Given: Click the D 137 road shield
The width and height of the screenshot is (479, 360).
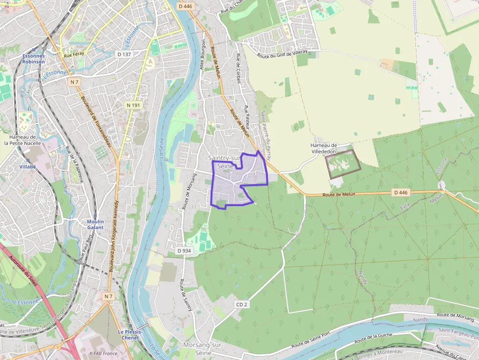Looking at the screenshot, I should [124, 54].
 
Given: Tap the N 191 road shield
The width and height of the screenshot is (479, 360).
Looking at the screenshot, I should [133, 105].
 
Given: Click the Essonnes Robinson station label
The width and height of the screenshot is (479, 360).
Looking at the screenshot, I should [34, 59].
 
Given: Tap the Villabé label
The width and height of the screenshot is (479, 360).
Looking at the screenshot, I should [27, 167].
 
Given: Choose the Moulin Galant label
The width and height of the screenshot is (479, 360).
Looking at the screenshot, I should [95, 225].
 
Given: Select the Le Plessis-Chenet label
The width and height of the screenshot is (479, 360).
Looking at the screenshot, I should [130, 335].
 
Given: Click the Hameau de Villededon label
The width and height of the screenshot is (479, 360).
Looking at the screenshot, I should [324, 148].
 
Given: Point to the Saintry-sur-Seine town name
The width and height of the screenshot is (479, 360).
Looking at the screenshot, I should [224, 162].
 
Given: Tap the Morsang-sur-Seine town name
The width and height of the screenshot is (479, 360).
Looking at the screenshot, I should [203, 349].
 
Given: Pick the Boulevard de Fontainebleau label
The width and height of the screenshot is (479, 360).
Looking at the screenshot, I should [97, 120].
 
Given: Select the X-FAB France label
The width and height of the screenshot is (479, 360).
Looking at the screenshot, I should [104, 353].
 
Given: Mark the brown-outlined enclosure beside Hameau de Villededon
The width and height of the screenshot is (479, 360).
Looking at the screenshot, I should [343, 164].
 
